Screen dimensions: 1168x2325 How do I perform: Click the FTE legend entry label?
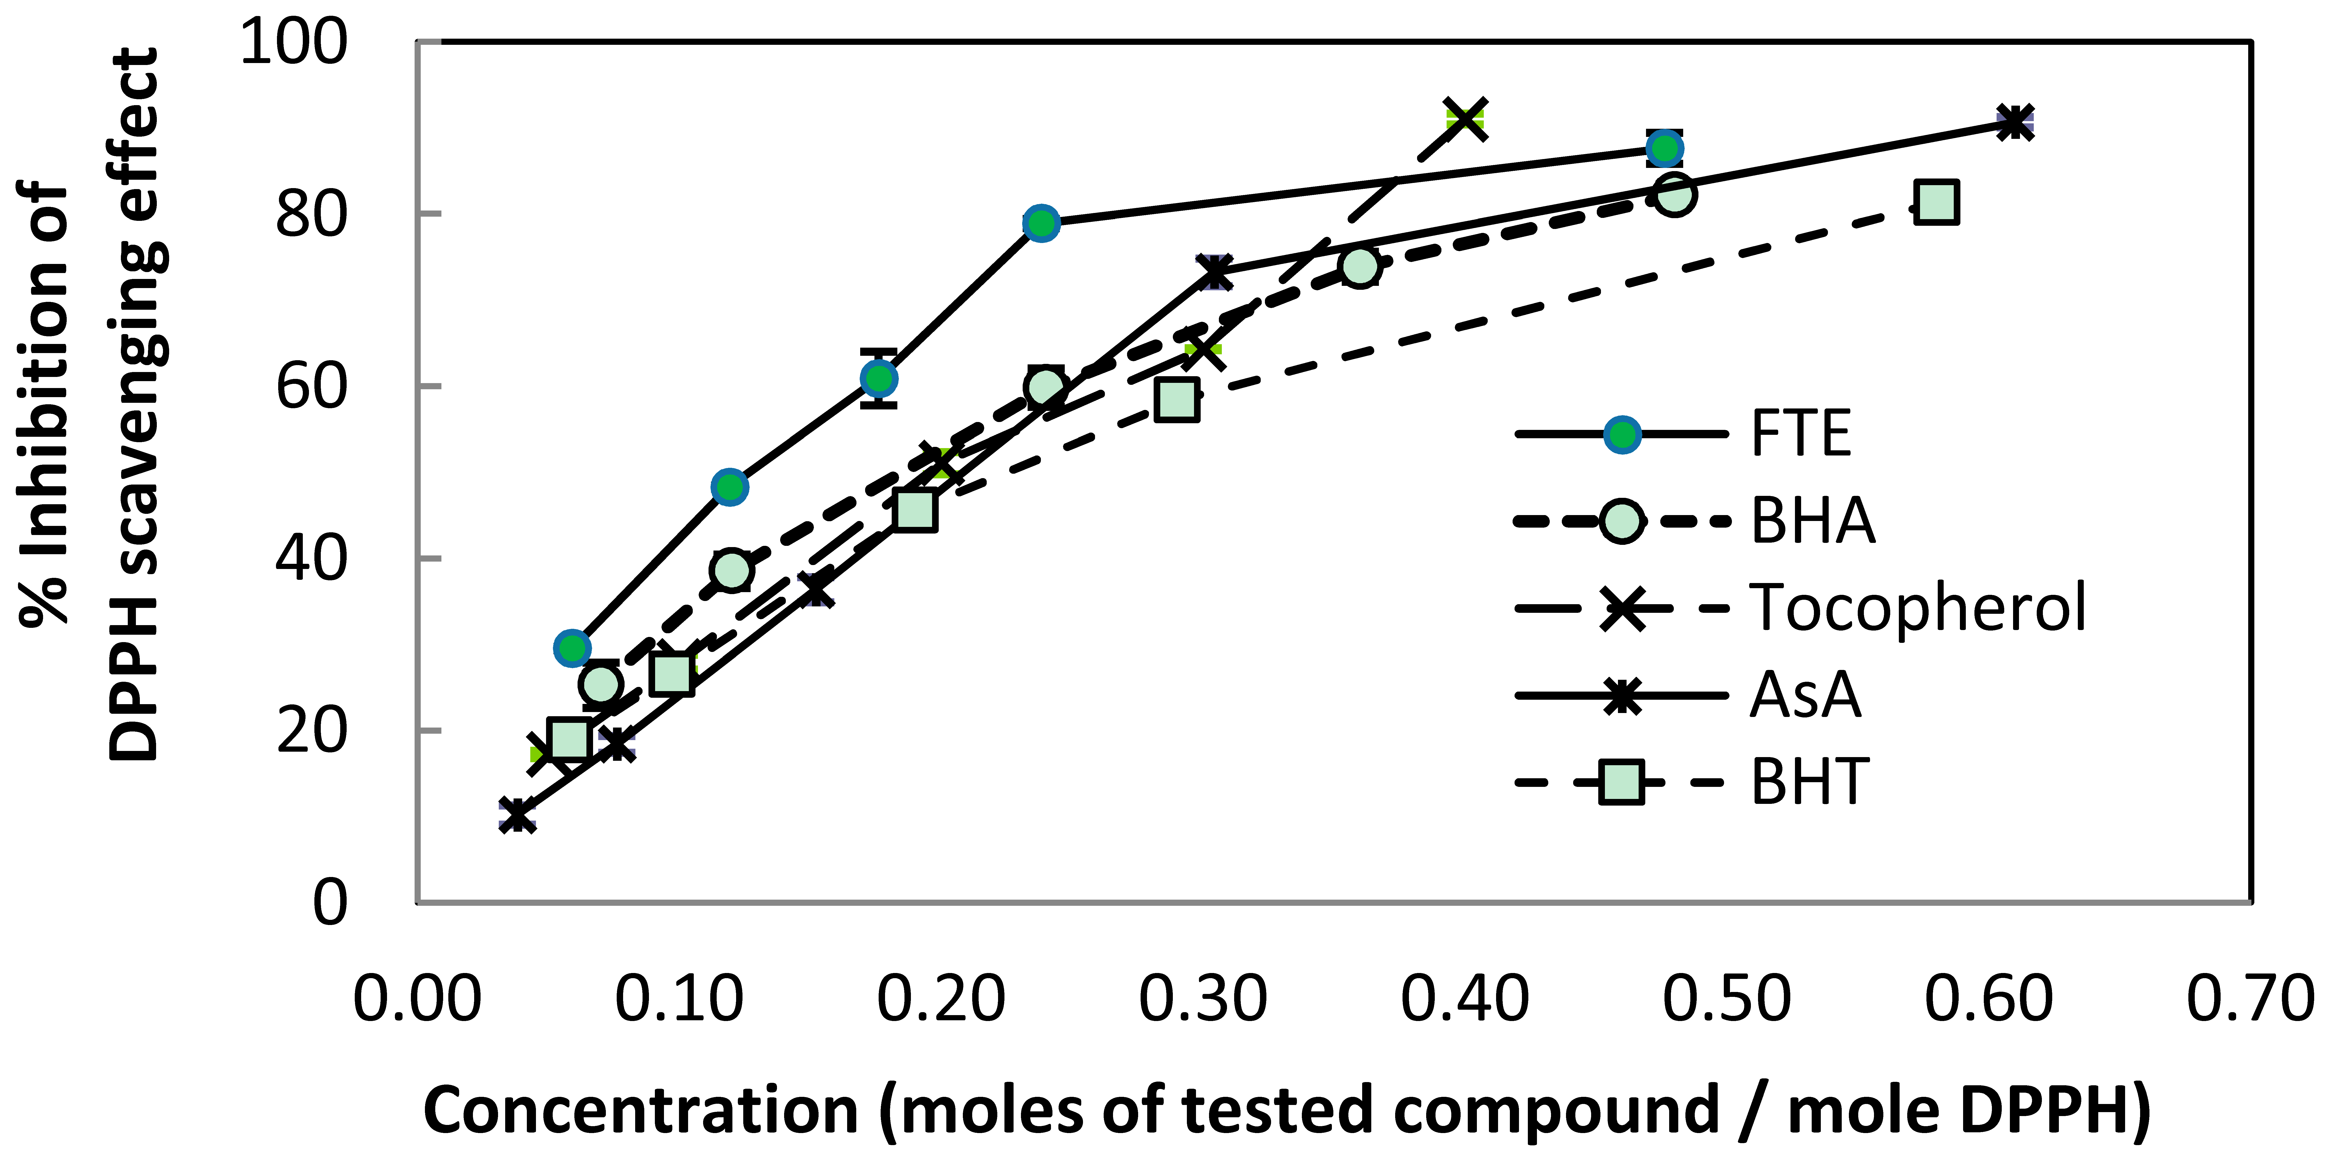click(x=1801, y=434)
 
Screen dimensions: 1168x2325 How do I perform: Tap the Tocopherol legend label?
click(x=1918, y=607)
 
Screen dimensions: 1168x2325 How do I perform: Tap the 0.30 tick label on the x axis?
click(x=1203, y=999)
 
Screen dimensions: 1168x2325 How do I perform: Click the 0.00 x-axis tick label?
click(x=417, y=999)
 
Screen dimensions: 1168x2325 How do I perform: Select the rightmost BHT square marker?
click(x=1936, y=202)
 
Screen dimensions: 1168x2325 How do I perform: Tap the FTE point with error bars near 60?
click(x=878, y=378)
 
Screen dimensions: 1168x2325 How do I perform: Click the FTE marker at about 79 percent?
click(x=1042, y=223)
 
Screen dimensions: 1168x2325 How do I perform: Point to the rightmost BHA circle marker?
click(x=1674, y=194)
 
